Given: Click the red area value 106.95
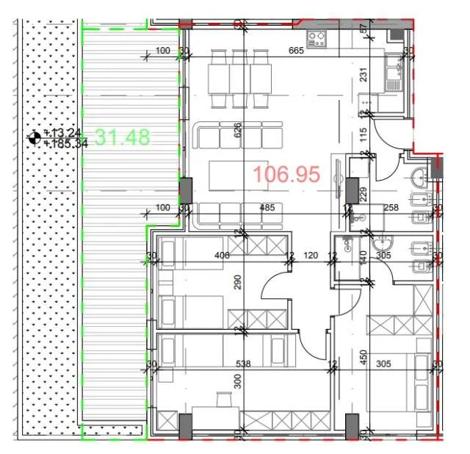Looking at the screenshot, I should click(287, 174).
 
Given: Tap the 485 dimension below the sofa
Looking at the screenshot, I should click(268, 208).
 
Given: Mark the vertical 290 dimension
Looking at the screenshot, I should click(237, 282).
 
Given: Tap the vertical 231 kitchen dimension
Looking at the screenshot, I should click(363, 74).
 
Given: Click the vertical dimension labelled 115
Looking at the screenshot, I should click(363, 135).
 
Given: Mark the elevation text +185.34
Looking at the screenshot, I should click(65, 144).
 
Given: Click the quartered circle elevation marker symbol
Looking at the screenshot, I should click(34, 137).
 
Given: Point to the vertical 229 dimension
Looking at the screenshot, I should click(363, 195).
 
